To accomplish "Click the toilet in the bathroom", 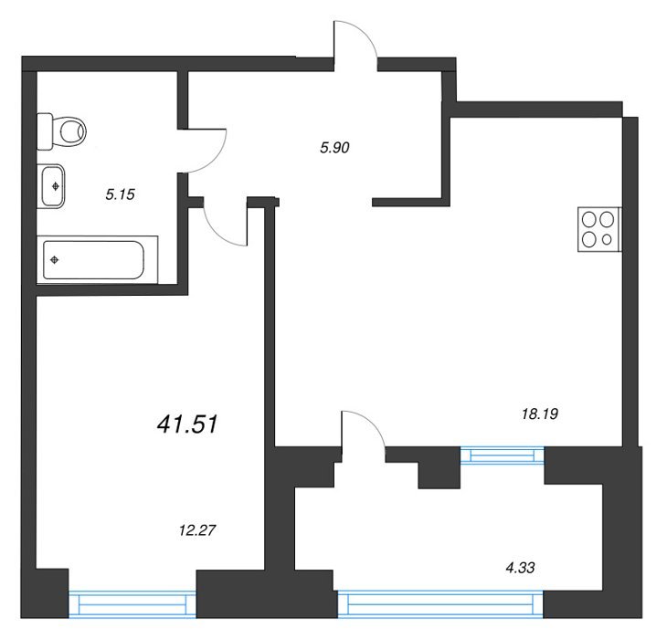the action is pos(61,131).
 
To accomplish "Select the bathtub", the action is pos(98,259).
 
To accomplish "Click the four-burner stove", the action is pos(599,229).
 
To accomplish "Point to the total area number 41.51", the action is pos(187,424).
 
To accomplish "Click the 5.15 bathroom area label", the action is pos(120,194).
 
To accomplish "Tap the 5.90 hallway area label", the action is pos(334,148).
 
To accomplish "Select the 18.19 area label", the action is pos(540,414).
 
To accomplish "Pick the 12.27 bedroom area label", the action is pos(197,530).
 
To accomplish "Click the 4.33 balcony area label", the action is pos(520,567).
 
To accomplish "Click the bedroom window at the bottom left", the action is pos(132,604).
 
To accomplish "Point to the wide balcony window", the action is pos(440,603).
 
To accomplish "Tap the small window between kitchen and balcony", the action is pos(503,456).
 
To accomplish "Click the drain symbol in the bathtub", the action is pos(55,259).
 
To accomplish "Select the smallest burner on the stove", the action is pos(607,239).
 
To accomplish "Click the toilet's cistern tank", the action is pos(45,131).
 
